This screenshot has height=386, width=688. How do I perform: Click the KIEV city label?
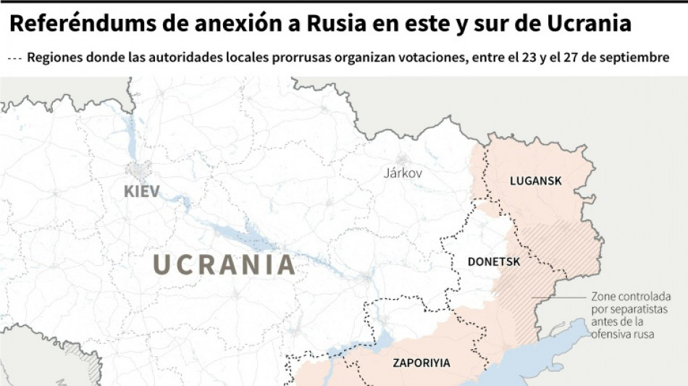tap(142, 192)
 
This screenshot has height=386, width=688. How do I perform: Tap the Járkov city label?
tap(403, 174)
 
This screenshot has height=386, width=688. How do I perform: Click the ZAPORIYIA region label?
tap(421, 363)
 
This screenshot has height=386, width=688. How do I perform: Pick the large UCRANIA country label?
tap(225, 265)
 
